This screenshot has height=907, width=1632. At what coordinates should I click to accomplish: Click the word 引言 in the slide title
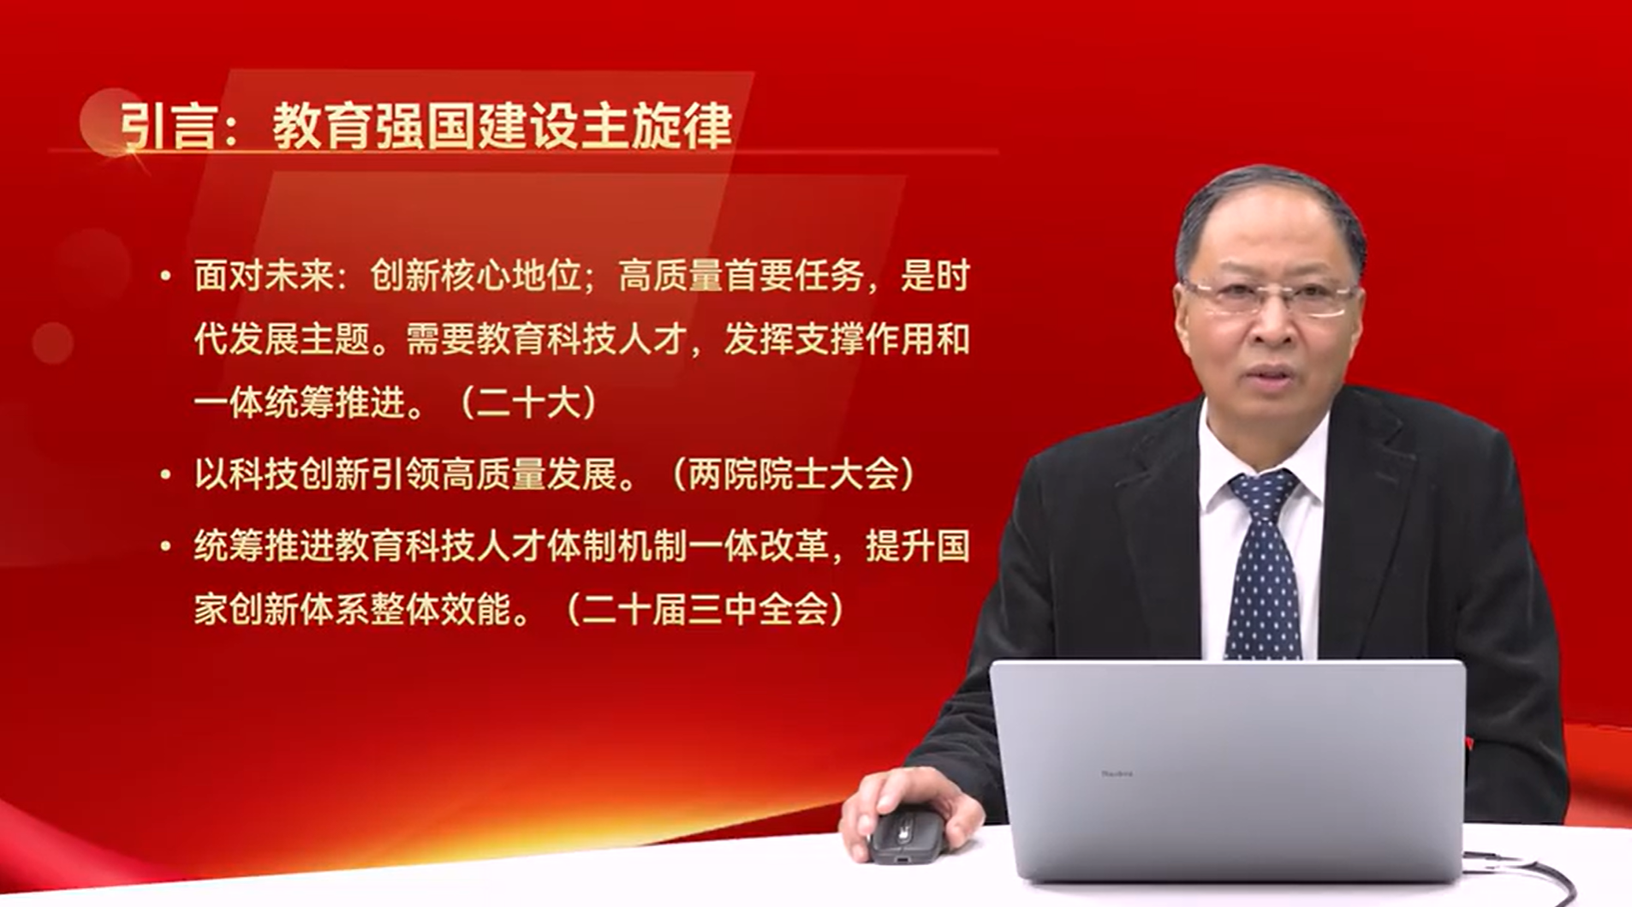tap(167, 127)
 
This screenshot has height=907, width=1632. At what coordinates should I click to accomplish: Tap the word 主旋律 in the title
tap(657, 126)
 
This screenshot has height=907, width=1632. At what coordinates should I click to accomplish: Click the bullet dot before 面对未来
tap(165, 276)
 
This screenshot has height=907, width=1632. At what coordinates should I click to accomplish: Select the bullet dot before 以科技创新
tap(165, 474)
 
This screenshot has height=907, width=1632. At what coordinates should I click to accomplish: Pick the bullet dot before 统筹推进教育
tap(165, 546)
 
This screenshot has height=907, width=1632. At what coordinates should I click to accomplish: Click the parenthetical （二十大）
tap(528, 403)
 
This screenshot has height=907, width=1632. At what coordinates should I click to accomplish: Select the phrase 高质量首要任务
tap(740, 276)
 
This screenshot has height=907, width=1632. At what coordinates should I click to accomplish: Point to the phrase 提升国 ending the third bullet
tap(918, 546)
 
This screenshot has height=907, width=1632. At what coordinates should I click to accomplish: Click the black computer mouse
tap(906, 834)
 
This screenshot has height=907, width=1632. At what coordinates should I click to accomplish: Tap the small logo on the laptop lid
tap(1117, 773)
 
